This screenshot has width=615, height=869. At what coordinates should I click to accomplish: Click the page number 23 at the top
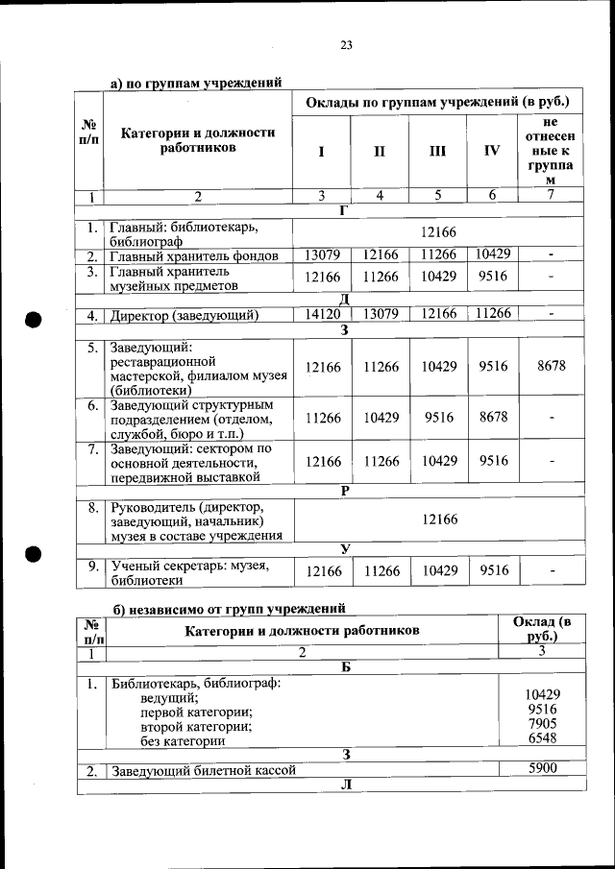(346, 44)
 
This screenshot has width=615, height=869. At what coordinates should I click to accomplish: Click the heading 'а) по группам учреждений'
(196, 84)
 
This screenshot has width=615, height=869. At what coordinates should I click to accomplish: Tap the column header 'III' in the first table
(437, 150)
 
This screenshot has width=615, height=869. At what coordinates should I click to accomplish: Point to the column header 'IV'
(492, 150)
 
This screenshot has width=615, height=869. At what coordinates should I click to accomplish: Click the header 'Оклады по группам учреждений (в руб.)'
(437, 102)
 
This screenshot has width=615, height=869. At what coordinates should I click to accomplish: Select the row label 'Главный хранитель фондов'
(193, 255)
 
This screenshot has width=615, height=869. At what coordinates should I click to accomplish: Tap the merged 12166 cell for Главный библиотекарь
(437, 232)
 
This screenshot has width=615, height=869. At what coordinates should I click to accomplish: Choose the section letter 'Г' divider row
(344, 211)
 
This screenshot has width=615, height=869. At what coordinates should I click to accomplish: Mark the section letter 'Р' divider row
(344, 490)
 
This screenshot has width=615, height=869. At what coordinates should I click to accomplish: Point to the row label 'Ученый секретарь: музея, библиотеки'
(188, 572)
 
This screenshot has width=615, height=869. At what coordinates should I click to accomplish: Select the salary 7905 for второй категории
(542, 724)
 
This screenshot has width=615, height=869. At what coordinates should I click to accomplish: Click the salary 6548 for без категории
(542, 738)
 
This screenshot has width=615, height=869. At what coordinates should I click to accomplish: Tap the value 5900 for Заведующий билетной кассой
(542, 768)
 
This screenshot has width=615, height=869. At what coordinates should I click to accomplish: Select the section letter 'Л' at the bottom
(344, 785)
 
